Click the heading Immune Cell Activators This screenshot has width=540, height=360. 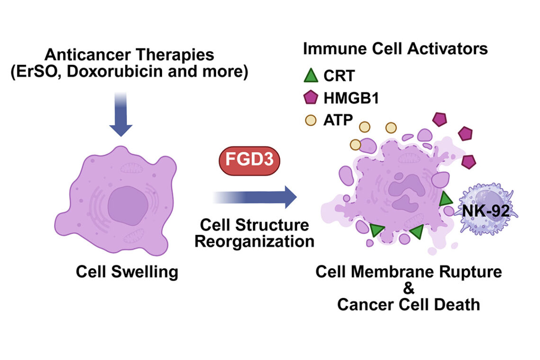395,49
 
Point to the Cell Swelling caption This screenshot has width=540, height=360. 127,272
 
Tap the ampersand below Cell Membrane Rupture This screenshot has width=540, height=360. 408,288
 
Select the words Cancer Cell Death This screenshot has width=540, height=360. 408,304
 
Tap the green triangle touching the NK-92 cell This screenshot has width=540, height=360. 445,199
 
